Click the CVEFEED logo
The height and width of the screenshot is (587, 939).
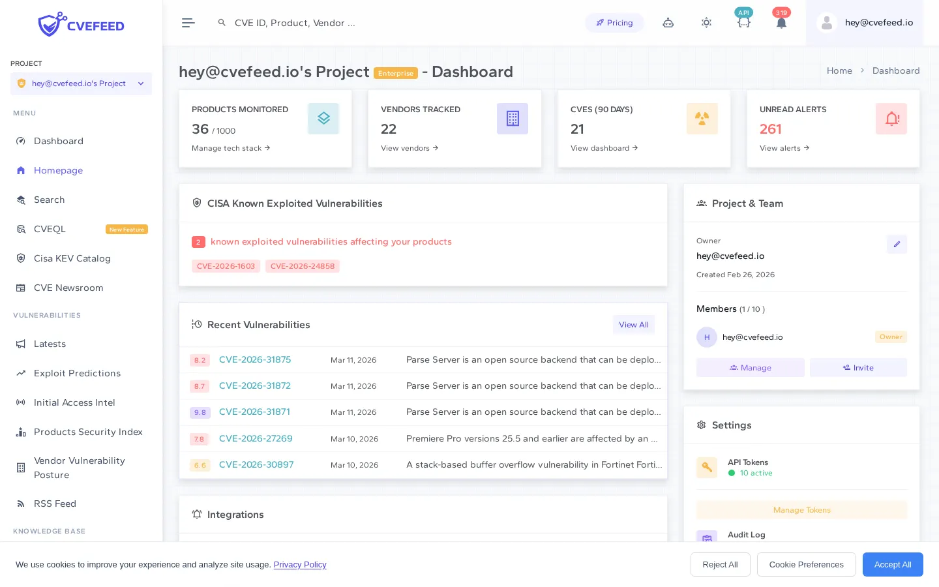click(81, 25)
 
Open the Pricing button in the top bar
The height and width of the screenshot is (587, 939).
click(614, 23)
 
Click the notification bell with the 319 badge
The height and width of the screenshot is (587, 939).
click(781, 23)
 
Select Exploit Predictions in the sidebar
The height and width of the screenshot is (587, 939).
click(77, 373)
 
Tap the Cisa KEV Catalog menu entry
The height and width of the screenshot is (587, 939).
click(72, 258)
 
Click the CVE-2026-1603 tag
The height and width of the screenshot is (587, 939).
click(226, 266)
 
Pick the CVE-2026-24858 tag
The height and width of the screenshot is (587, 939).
click(303, 266)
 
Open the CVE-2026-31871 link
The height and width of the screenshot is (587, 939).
click(254, 412)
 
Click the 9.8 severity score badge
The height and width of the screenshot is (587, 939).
click(200, 412)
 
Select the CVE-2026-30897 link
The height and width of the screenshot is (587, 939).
click(256, 464)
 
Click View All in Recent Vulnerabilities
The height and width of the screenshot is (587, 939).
click(633, 325)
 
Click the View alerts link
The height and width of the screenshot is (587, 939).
click(784, 148)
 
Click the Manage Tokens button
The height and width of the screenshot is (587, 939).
click(801, 510)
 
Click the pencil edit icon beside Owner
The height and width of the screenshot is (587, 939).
click(897, 244)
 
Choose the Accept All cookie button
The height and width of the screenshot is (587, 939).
click(892, 565)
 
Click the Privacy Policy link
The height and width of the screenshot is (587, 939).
click(300, 565)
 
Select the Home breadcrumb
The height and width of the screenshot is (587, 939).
click(839, 70)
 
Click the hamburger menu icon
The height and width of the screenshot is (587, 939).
click(188, 23)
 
